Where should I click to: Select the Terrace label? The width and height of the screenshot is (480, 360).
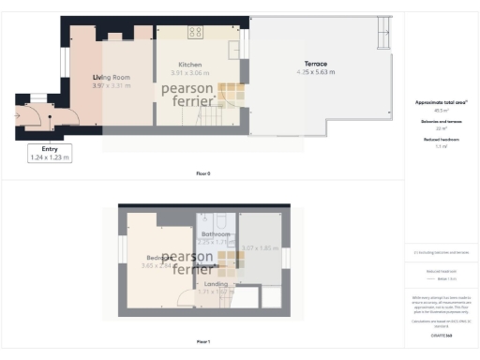click(x=315, y=64)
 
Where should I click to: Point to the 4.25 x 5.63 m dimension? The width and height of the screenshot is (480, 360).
click(x=315, y=72)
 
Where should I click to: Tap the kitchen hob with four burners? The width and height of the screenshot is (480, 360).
click(x=196, y=32)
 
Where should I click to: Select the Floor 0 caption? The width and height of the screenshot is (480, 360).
click(x=202, y=174)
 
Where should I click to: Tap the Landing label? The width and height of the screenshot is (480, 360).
click(x=216, y=283)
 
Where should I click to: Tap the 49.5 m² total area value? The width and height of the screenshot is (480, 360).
click(x=441, y=110)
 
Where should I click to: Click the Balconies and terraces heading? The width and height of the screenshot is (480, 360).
click(x=441, y=121)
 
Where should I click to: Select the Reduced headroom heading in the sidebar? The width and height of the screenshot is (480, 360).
click(x=441, y=139)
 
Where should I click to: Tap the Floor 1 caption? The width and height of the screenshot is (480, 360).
click(x=202, y=342)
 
